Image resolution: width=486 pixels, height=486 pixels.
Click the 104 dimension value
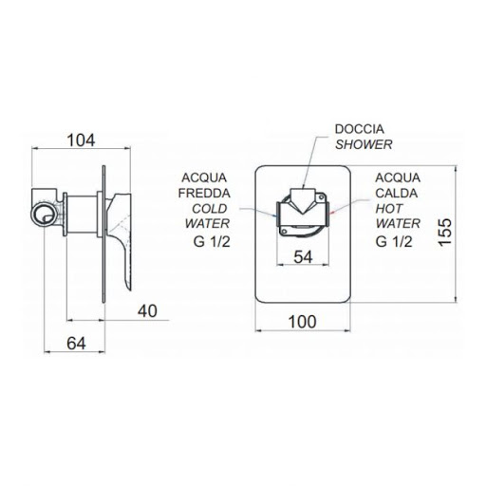81,140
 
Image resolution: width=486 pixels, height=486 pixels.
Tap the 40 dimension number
147,311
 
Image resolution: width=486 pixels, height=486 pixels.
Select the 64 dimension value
76,344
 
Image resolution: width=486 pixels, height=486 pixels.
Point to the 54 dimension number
303,257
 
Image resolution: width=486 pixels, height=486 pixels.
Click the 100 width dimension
303,322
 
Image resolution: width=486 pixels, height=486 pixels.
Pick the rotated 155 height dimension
445,232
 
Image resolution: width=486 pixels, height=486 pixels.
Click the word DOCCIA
360,129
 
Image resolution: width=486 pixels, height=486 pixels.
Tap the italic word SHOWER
364,144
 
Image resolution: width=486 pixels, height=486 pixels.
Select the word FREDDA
204,193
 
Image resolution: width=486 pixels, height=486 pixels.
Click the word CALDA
397,193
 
